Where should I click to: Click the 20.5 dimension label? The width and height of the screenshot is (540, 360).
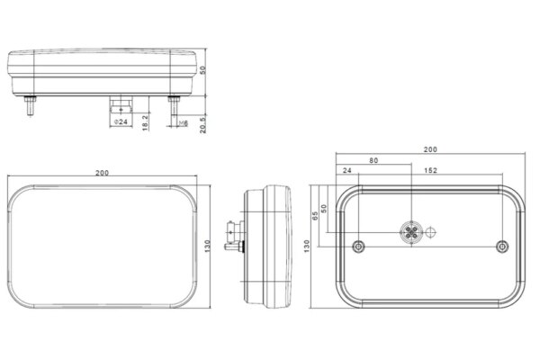pos(202,125)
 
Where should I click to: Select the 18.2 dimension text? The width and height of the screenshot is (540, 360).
pos(145,122)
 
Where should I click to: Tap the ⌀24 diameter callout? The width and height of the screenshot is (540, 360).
pos(121,122)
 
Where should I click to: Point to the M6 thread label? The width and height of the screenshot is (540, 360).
pos(184,123)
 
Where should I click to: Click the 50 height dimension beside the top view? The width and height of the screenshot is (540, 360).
pos(202,70)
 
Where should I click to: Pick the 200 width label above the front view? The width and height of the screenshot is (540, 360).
pos(103,173)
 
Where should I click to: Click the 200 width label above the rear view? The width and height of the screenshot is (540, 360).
pos(430,149)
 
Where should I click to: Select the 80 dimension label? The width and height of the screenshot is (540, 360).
pos(373,160)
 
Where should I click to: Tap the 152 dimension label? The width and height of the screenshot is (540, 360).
pos(430,170)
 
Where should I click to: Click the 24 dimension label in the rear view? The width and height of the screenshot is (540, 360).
pos(347,170)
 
